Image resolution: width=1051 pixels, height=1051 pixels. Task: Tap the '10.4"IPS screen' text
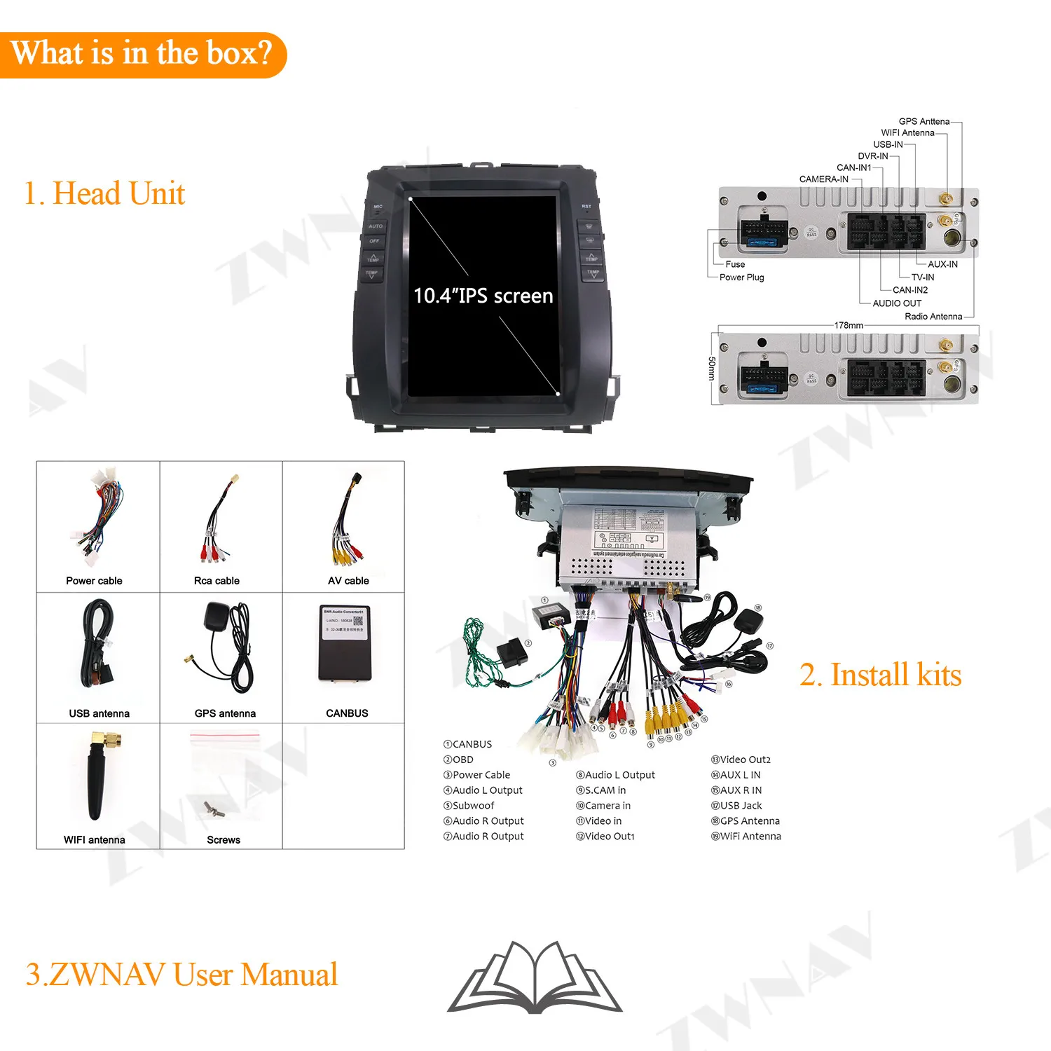pos(483,296)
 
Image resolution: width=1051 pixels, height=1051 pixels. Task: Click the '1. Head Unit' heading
pos(104,193)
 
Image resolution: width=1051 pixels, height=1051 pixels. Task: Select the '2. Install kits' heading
pos(880,675)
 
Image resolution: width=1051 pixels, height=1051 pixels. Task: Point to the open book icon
pos(535,977)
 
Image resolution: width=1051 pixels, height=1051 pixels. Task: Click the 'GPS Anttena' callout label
pos(923,121)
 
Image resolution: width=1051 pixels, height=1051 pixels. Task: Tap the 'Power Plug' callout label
pos(741,277)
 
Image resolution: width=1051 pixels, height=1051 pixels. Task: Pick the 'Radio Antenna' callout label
pos(933,317)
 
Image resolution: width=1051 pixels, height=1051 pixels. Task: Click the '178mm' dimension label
pos(849,325)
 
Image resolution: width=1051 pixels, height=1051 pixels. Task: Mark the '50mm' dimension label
pos(712,369)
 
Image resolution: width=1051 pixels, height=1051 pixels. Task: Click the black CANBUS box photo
pos(344,644)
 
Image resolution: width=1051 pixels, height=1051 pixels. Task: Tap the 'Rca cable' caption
pos(217,581)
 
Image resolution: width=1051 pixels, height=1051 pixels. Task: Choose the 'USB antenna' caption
pos(99,713)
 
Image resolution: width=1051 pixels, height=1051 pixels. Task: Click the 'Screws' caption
pos(224,839)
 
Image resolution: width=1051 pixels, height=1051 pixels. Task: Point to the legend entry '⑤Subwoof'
pos(469,806)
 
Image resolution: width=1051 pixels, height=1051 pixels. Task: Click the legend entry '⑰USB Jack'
pos(736,806)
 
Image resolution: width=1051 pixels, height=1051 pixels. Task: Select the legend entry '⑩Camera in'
pos(603,806)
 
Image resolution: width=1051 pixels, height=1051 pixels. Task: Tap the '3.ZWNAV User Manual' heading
pos(181,975)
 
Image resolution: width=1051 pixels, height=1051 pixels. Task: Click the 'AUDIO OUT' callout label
pos(897,303)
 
